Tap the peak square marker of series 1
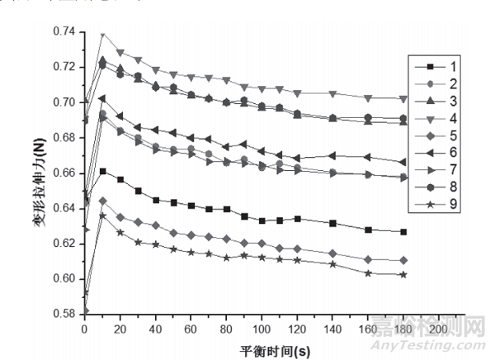click(102, 171)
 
